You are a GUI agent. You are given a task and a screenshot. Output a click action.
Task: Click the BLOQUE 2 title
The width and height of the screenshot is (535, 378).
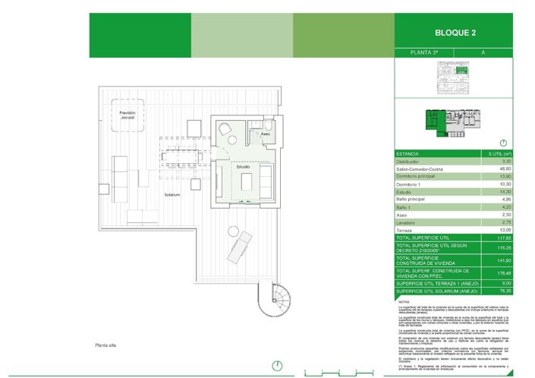tap(455, 33)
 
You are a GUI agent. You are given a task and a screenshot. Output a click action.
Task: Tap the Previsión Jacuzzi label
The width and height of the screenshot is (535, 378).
tap(127, 115)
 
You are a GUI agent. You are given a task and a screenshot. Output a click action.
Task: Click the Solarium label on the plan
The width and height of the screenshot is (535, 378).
tap(172, 195)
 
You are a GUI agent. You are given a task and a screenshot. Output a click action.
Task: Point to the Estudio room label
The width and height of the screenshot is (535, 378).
tap(242, 166)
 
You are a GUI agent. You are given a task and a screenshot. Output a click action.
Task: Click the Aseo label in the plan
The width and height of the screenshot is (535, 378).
tap(265, 134)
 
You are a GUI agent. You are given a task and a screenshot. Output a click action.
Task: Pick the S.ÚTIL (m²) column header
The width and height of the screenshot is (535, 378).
tap(499, 153)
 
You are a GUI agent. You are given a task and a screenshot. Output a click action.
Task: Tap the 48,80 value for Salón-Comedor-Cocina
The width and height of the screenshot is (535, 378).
tap(505, 169)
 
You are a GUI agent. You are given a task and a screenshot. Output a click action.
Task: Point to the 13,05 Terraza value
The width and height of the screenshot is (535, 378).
tap(505, 230)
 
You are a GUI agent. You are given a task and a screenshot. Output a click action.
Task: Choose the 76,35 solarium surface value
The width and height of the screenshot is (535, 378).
tap(505, 291)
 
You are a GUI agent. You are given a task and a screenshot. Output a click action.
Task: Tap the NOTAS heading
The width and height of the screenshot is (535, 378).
tap(403, 301)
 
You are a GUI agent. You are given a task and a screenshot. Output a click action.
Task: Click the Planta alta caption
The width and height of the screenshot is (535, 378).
tap(105, 345)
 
